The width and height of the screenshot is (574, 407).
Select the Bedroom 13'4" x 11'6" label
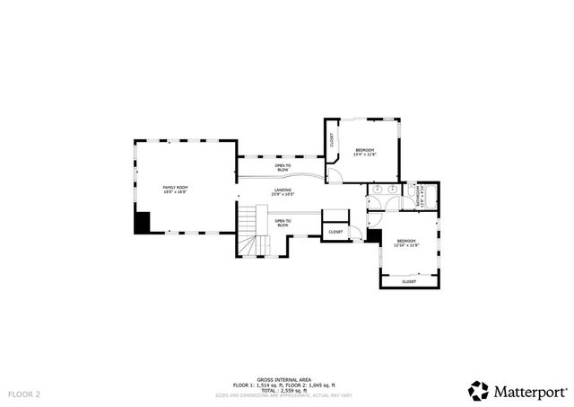tap(364, 152)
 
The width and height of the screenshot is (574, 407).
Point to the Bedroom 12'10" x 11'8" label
tap(407, 243)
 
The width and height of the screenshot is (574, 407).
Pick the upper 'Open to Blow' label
tap(282, 167)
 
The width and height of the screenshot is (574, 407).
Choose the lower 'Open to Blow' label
tap(282, 223)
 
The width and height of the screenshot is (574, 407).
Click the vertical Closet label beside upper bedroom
tap(332, 140)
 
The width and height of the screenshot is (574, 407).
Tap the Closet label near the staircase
tap(335, 232)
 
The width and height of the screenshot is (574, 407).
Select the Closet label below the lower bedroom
tap(409, 281)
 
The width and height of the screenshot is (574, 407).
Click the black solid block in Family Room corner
tap(142, 223)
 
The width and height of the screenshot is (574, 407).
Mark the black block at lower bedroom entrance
tap(374, 236)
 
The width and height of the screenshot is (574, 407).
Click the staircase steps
tap(250, 232)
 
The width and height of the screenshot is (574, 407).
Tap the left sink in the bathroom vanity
tap(378, 190)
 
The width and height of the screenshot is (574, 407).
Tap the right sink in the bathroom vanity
tap(394, 190)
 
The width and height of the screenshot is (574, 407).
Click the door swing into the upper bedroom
tap(334, 173)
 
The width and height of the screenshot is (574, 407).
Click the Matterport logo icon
tap(478, 390)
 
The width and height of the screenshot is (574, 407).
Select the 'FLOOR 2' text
tap(24, 394)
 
